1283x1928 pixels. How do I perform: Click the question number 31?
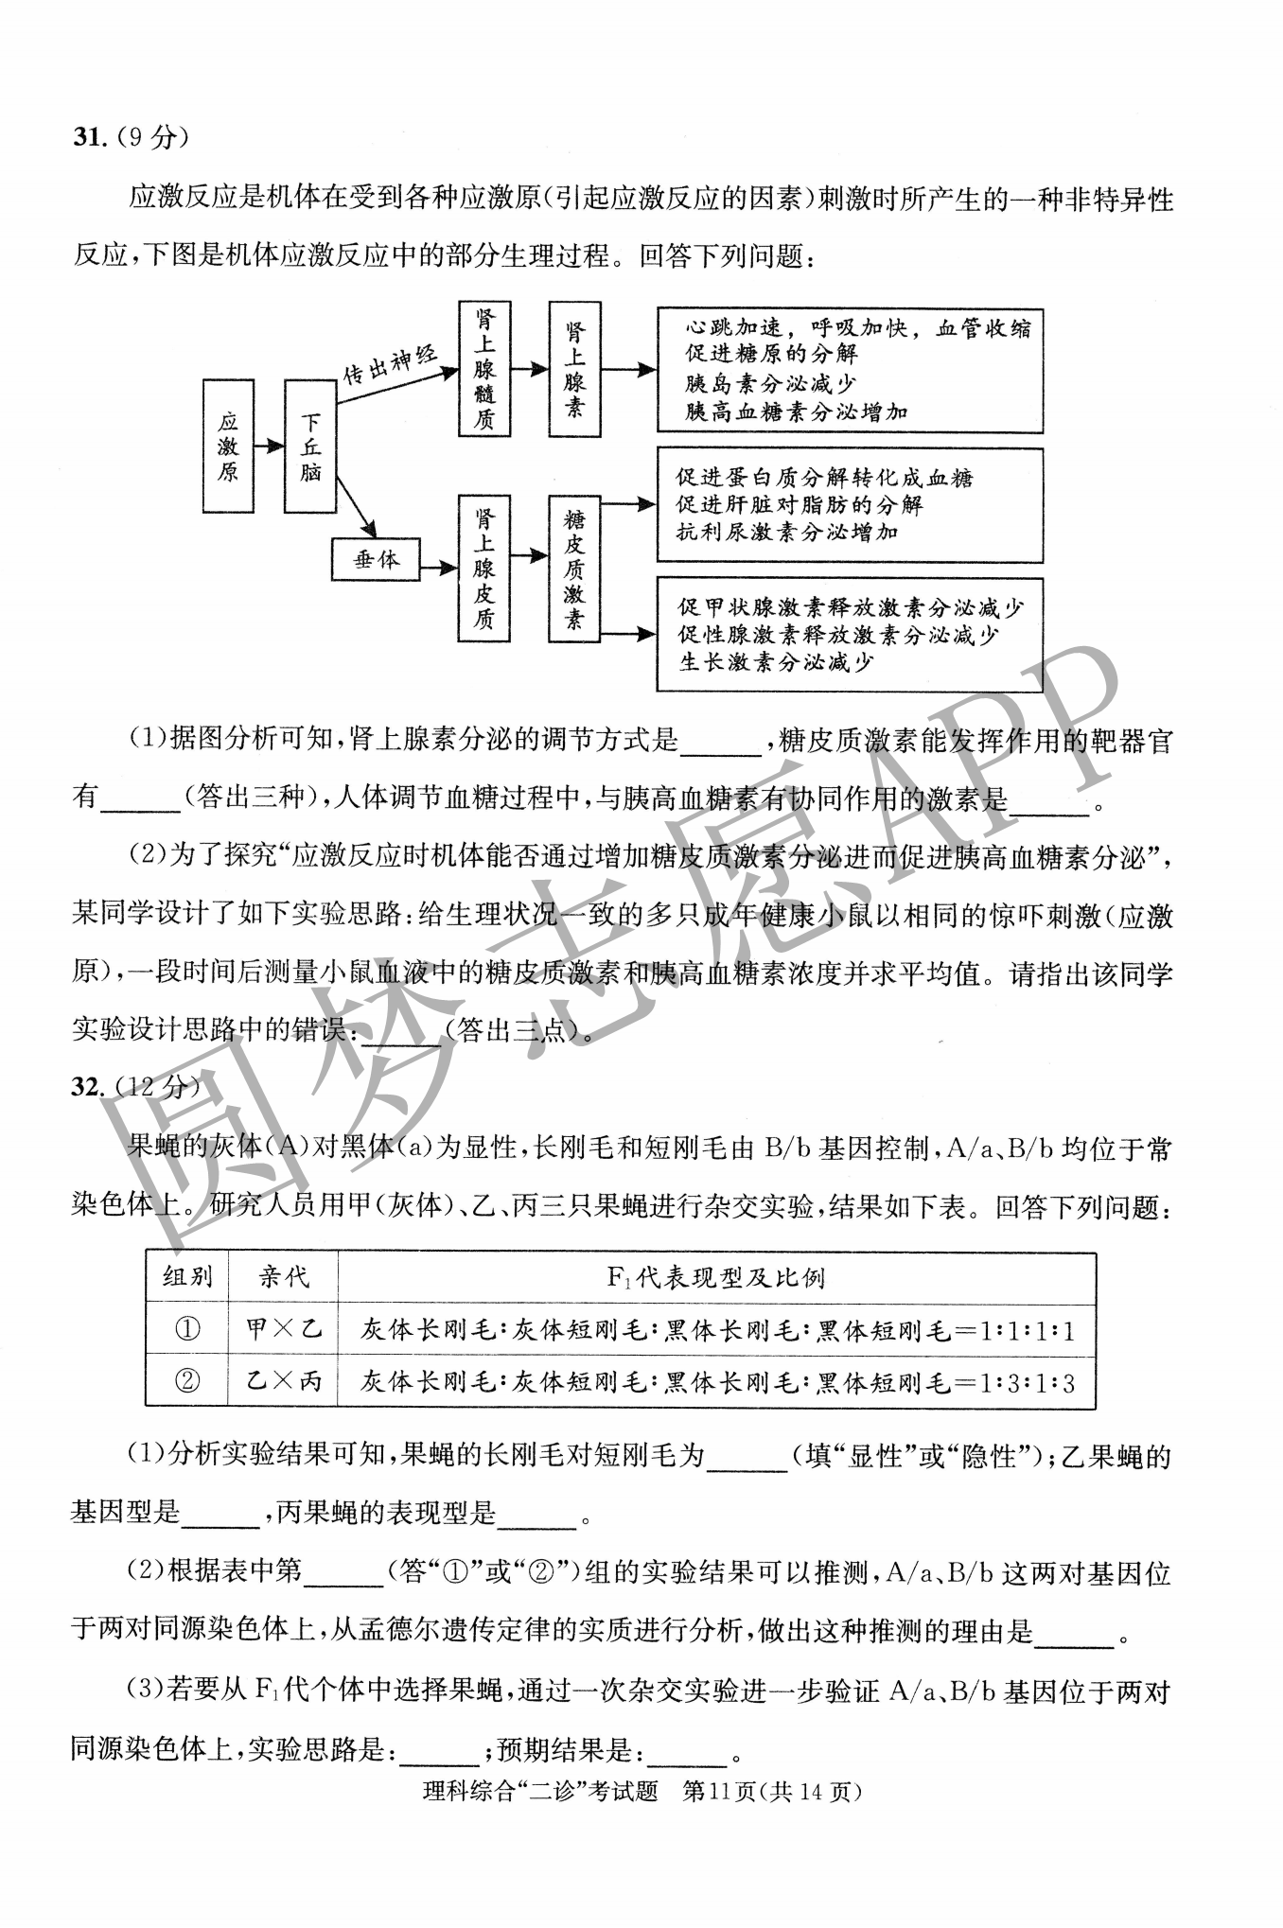87,137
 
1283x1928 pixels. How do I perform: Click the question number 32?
87,1087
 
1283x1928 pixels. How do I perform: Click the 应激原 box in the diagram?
228,446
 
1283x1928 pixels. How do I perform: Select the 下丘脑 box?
310,446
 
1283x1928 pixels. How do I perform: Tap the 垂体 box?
376,560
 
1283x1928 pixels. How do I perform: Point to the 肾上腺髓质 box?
483,368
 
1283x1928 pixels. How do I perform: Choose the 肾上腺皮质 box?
483,569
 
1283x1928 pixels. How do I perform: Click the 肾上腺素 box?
574,369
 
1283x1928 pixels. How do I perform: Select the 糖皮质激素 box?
574,570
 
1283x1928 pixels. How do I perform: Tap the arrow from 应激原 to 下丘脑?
269,446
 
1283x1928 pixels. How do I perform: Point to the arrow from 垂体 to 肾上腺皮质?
438,568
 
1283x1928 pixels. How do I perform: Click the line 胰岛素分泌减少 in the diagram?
770,383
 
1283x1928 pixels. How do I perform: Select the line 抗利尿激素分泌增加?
786,533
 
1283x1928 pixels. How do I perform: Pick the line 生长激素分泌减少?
776,662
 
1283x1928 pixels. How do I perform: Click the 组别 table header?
187,1277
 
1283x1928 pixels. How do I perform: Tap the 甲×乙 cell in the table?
283,1329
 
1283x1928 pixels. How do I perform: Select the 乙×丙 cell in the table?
283,1382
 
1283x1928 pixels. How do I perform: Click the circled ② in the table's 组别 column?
187,1382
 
